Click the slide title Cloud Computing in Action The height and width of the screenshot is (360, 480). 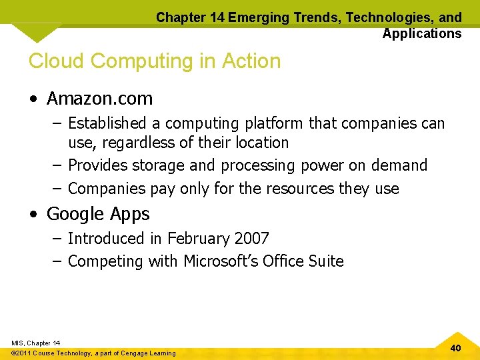pyautogui.click(x=155, y=61)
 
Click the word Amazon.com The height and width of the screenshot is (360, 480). pyautogui.click(x=99, y=99)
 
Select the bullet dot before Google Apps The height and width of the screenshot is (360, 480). pyautogui.click(x=33, y=215)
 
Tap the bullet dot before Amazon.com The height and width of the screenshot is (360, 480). pyautogui.click(x=33, y=99)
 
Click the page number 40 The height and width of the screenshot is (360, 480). pyautogui.click(x=455, y=348)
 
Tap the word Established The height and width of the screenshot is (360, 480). pyautogui.click(x=107, y=123)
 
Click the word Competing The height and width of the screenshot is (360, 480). pyautogui.click(x=105, y=261)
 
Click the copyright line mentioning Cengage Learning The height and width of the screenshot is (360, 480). pyautogui.click(x=94, y=353)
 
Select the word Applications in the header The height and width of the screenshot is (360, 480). pyautogui.click(x=421, y=33)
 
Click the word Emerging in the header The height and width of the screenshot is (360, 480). pyautogui.click(x=255, y=18)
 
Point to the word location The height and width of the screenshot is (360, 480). pyautogui.click(x=258, y=143)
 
